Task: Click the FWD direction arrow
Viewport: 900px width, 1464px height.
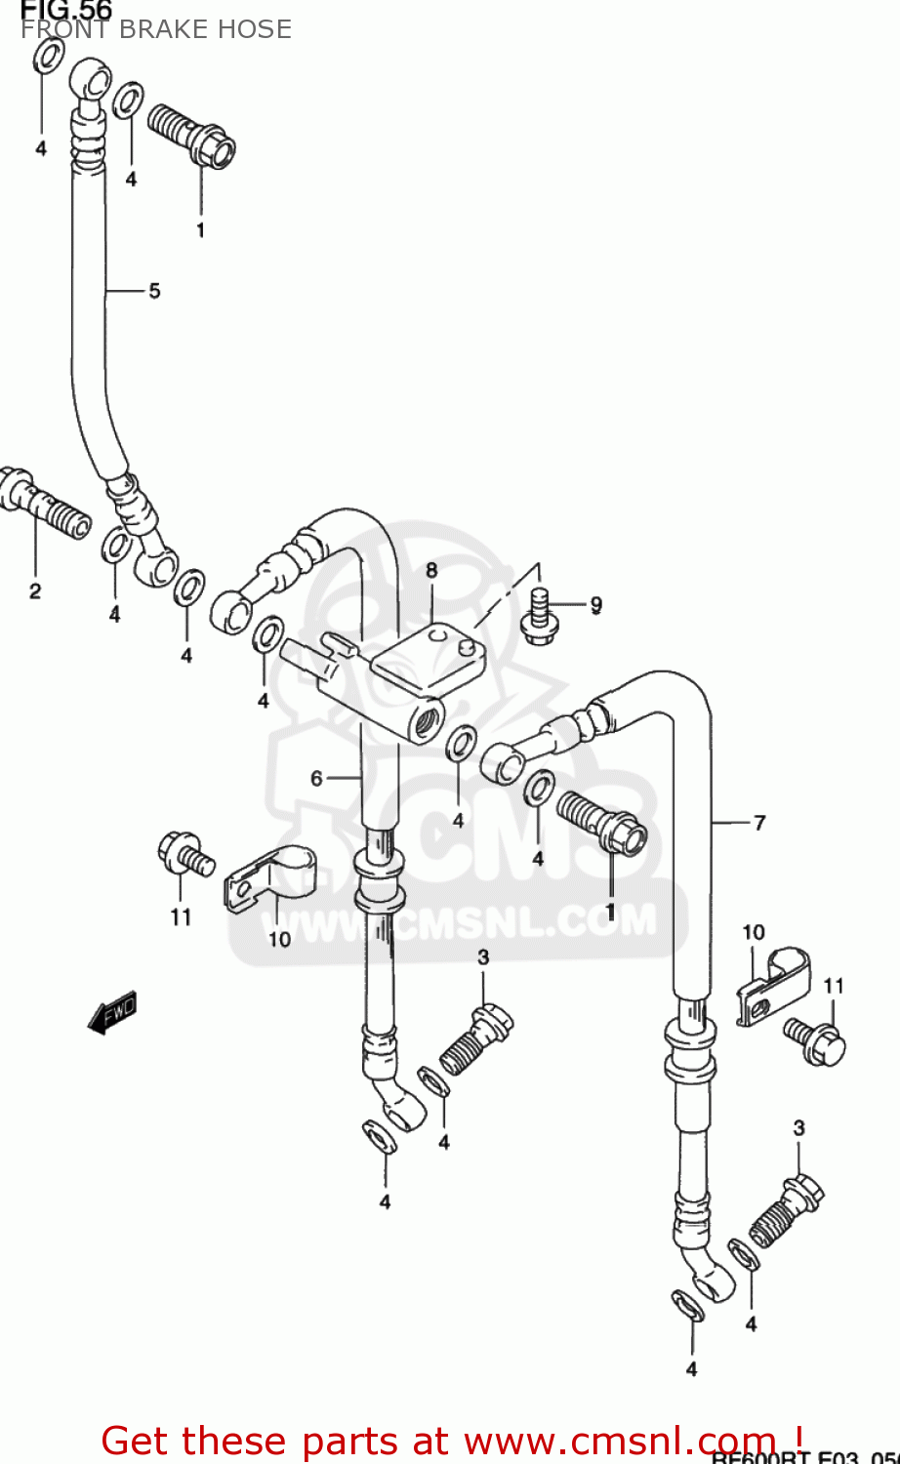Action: point(111,1012)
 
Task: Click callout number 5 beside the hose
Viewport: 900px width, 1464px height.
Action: point(154,291)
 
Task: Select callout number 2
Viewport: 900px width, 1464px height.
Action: point(35,590)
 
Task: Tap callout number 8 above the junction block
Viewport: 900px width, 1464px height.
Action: point(430,570)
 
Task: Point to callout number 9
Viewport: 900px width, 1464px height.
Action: point(595,605)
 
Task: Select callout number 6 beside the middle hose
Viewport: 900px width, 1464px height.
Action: point(316,778)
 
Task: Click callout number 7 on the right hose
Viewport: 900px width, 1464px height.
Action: point(759,823)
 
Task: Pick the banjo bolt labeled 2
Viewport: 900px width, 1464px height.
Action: point(44,503)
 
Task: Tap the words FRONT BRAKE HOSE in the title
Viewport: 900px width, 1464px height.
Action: point(156,29)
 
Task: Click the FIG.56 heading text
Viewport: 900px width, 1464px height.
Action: point(66,10)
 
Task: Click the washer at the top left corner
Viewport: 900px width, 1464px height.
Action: point(49,56)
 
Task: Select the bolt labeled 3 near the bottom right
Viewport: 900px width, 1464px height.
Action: point(787,1208)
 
